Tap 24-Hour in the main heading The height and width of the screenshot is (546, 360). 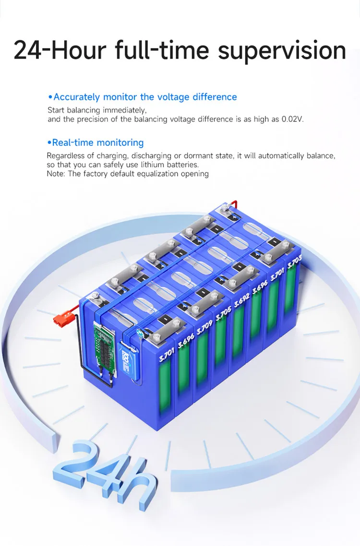coord(61,50)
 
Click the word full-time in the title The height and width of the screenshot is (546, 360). coord(163,50)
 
